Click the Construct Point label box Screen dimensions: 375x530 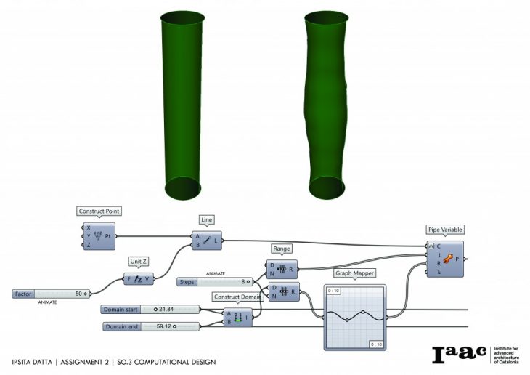(x=99, y=211)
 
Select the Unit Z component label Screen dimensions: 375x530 (x=139, y=262)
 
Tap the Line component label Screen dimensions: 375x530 (x=207, y=219)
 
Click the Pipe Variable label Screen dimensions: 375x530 (x=444, y=230)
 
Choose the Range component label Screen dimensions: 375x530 (x=281, y=249)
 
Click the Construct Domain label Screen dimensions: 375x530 (x=237, y=297)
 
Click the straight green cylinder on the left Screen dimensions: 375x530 (x=179, y=102)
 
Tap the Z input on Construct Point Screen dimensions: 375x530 (x=89, y=245)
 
